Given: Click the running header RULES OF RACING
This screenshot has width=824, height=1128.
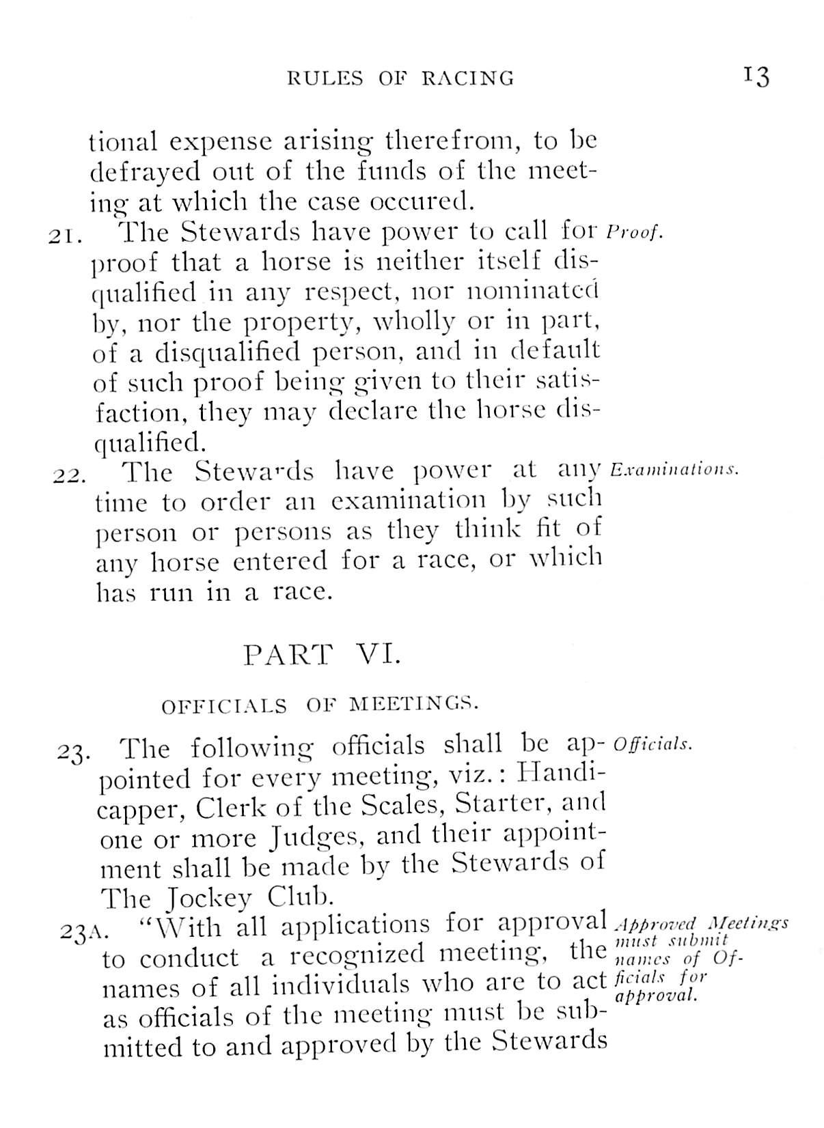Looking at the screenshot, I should pyautogui.click(x=400, y=78).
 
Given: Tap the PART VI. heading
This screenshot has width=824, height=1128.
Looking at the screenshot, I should pyautogui.click(x=322, y=655).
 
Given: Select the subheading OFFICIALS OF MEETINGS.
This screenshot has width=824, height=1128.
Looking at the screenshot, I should pyautogui.click(x=320, y=705).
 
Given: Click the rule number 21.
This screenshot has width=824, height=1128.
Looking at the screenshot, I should pyautogui.click(x=66, y=236).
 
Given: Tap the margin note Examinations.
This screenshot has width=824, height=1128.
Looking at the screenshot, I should pyautogui.click(x=674, y=470).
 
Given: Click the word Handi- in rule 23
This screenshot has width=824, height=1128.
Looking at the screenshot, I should pyautogui.click(x=562, y=774).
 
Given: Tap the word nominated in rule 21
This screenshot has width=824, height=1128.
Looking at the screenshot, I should pyautogui.click(x=532, y=292).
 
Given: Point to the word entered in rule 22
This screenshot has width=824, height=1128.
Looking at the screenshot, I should pyautogui.click(x=280, y=561).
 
